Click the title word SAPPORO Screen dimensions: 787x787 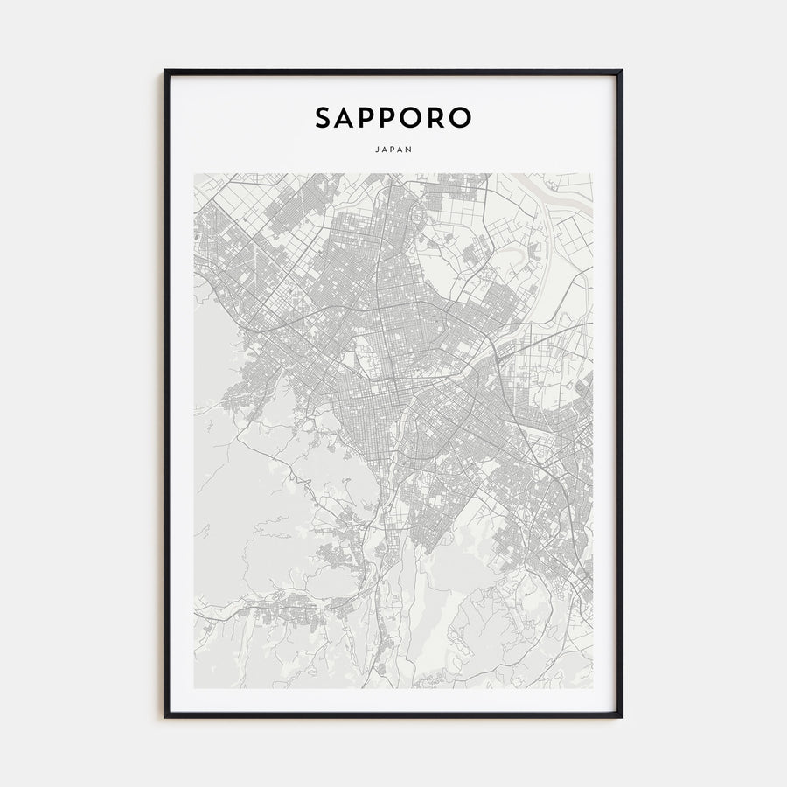coord(393,118)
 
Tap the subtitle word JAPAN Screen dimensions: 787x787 coord(393,149)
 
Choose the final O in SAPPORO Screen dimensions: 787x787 coord(462,118)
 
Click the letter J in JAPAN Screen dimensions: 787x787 coord(375,149)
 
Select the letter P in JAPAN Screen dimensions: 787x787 coord(393,149)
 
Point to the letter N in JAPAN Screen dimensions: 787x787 coord(410,149)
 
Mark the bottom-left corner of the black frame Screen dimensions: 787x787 coord(165,717)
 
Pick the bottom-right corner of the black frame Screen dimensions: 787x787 coord(622,717)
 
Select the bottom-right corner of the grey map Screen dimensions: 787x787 coord(592,687)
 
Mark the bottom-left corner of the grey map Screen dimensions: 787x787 coord(195,687)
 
